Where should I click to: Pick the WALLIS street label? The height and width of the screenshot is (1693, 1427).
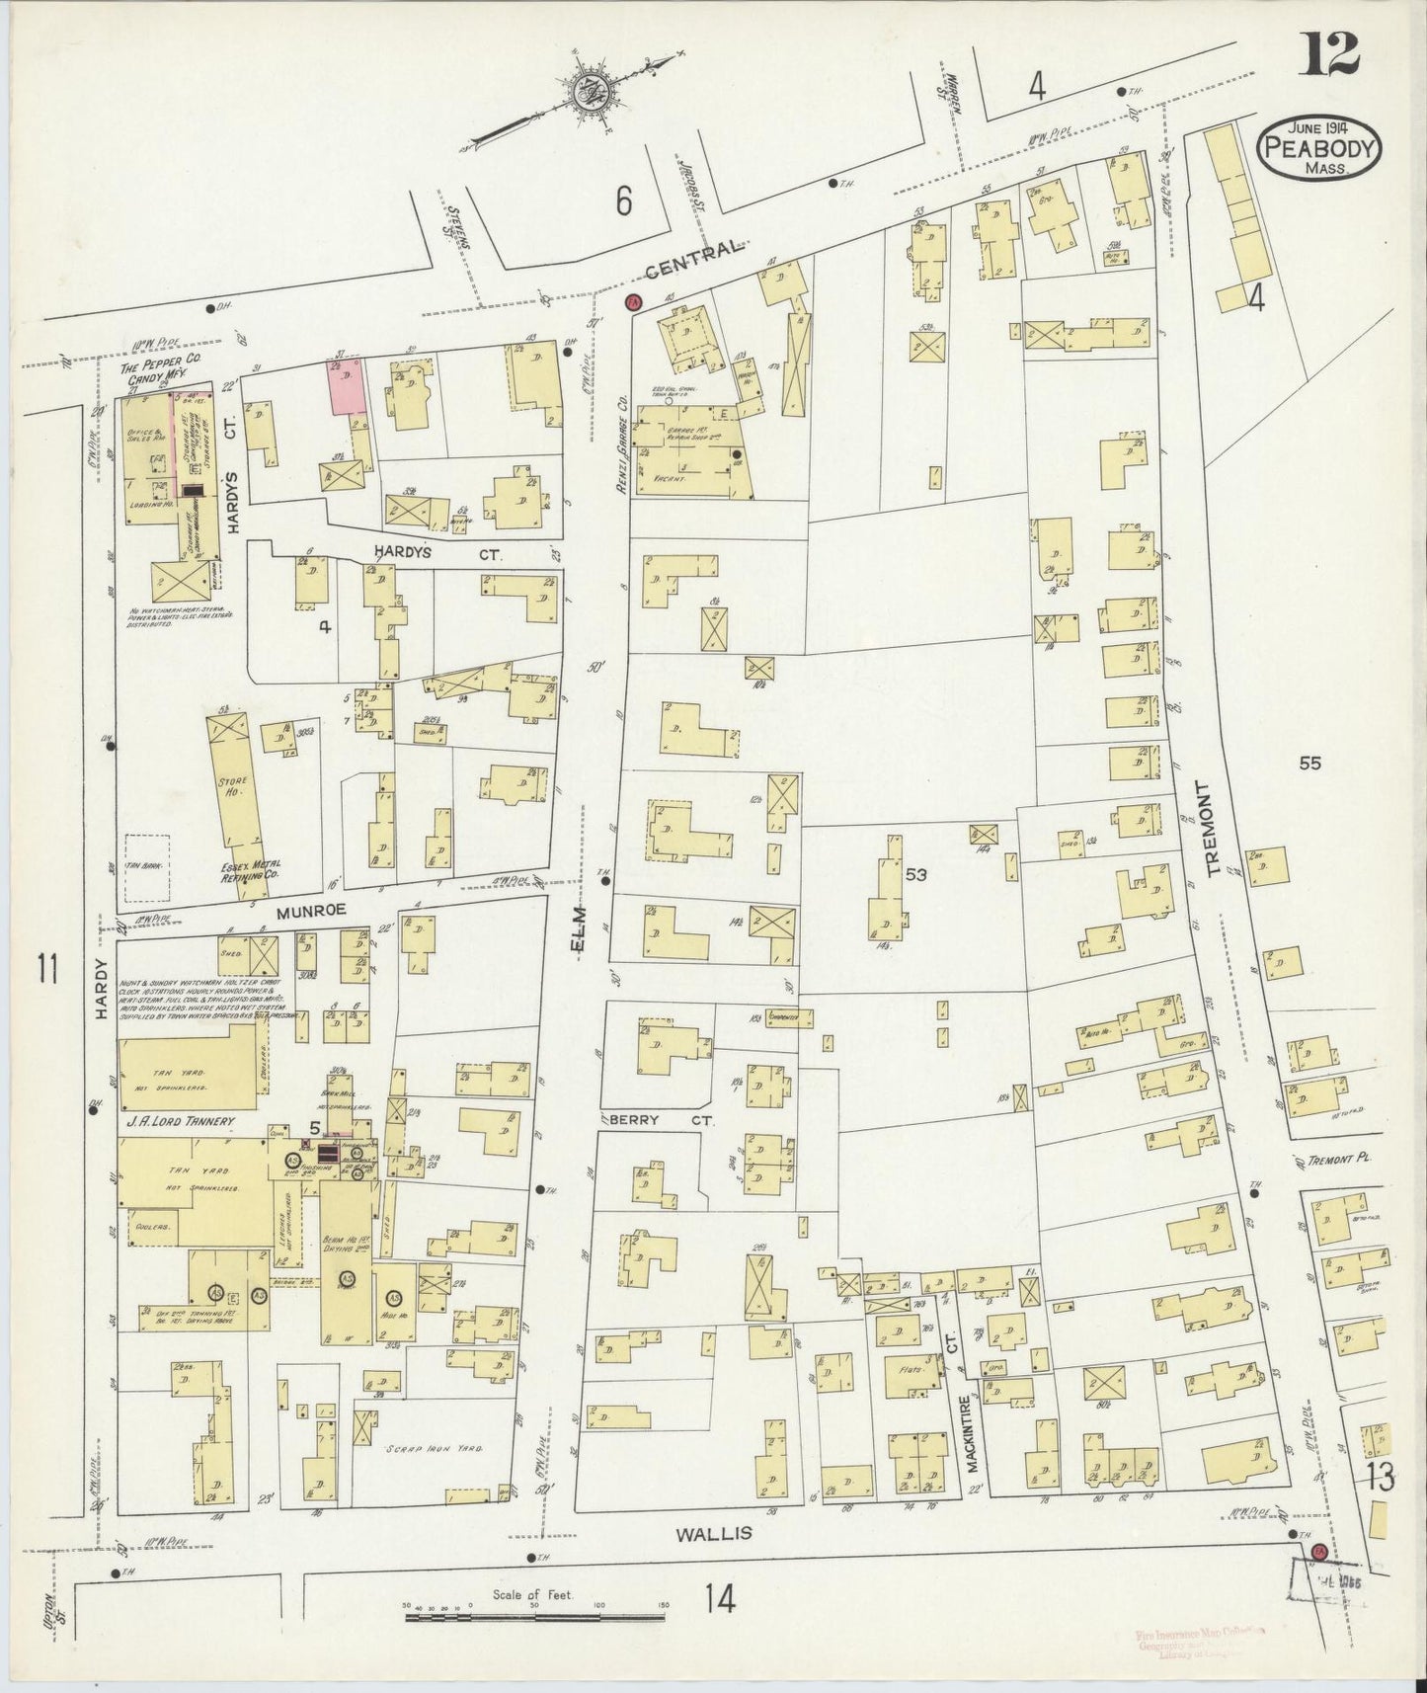[x=714, y=1560]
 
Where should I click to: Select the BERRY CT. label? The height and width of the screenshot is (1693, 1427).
[x=646, y=1120]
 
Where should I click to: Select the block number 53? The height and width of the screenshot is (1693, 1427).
[x=914, y=873]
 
